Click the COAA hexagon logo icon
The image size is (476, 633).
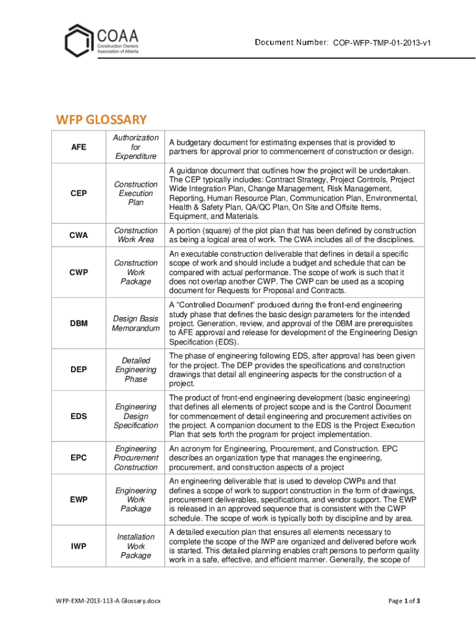click(x=79, y=41)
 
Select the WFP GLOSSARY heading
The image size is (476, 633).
click(x=102, y=119)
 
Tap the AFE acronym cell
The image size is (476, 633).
click(x=79, y=147)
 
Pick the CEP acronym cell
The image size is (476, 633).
click(x=79, y=193)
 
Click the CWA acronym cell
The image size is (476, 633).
click(x=79, y=236)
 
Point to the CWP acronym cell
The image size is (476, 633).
click(x=79, y=273)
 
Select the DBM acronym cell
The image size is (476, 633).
click(x=79, y=323)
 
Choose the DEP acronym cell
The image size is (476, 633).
click(x=79, y=370)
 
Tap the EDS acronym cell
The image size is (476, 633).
click(x=79, y=416)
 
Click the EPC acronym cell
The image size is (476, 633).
click(x=79, y=458)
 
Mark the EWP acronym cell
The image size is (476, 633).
click(x=79, y=499)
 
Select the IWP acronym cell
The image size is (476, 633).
click(x=79, y=546)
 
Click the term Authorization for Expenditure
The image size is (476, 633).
click(x=135, y=147)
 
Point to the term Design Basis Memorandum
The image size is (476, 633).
click(x=135, y=323)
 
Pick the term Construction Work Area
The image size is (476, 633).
click(x=135, y=236)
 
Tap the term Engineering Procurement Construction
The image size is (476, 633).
click(x=135, y=458)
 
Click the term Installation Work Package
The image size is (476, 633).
click(x=135, y=546)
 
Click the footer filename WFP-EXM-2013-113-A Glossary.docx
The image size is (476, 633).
click(x=108, y=601)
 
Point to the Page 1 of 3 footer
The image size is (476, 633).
click(x=404, y=601)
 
